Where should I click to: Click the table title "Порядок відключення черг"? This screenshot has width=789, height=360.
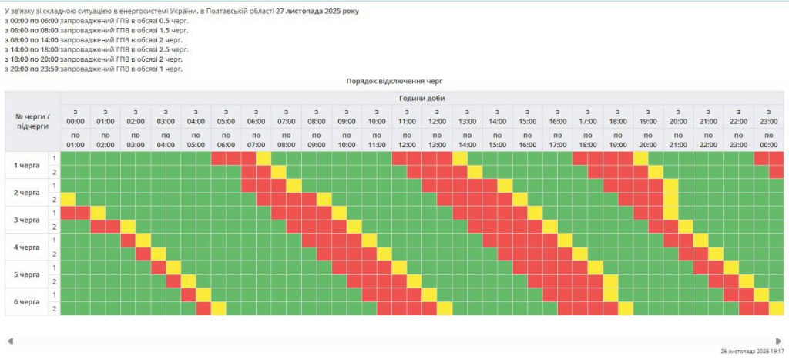tap(394, 81)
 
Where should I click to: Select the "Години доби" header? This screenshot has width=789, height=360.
tap(421, 98)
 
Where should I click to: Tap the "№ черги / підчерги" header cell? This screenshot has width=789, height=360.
tap(32, 121)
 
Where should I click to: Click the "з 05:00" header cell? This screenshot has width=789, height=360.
tap(226, 116)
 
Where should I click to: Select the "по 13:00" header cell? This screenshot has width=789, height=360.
tap(437, 140)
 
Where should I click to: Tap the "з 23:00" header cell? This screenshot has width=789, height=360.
tap(769, 116)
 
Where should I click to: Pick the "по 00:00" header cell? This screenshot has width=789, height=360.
tap(769, 140)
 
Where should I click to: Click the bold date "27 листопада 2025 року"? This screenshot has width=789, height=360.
tap(317, 12)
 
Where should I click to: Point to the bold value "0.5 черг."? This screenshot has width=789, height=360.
tap(173, 21)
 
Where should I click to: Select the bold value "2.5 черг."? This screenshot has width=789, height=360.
tap(173, 49)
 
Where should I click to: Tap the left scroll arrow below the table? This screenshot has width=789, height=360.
tap(10, 341)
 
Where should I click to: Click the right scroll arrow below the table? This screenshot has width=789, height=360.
tap(779, 341)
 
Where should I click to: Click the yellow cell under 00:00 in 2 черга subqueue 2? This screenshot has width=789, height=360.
tap(68, 199)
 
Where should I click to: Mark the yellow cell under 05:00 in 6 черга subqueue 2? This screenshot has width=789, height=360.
tap(219, 308)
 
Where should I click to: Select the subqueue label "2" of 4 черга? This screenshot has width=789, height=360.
tap(54, 254)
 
